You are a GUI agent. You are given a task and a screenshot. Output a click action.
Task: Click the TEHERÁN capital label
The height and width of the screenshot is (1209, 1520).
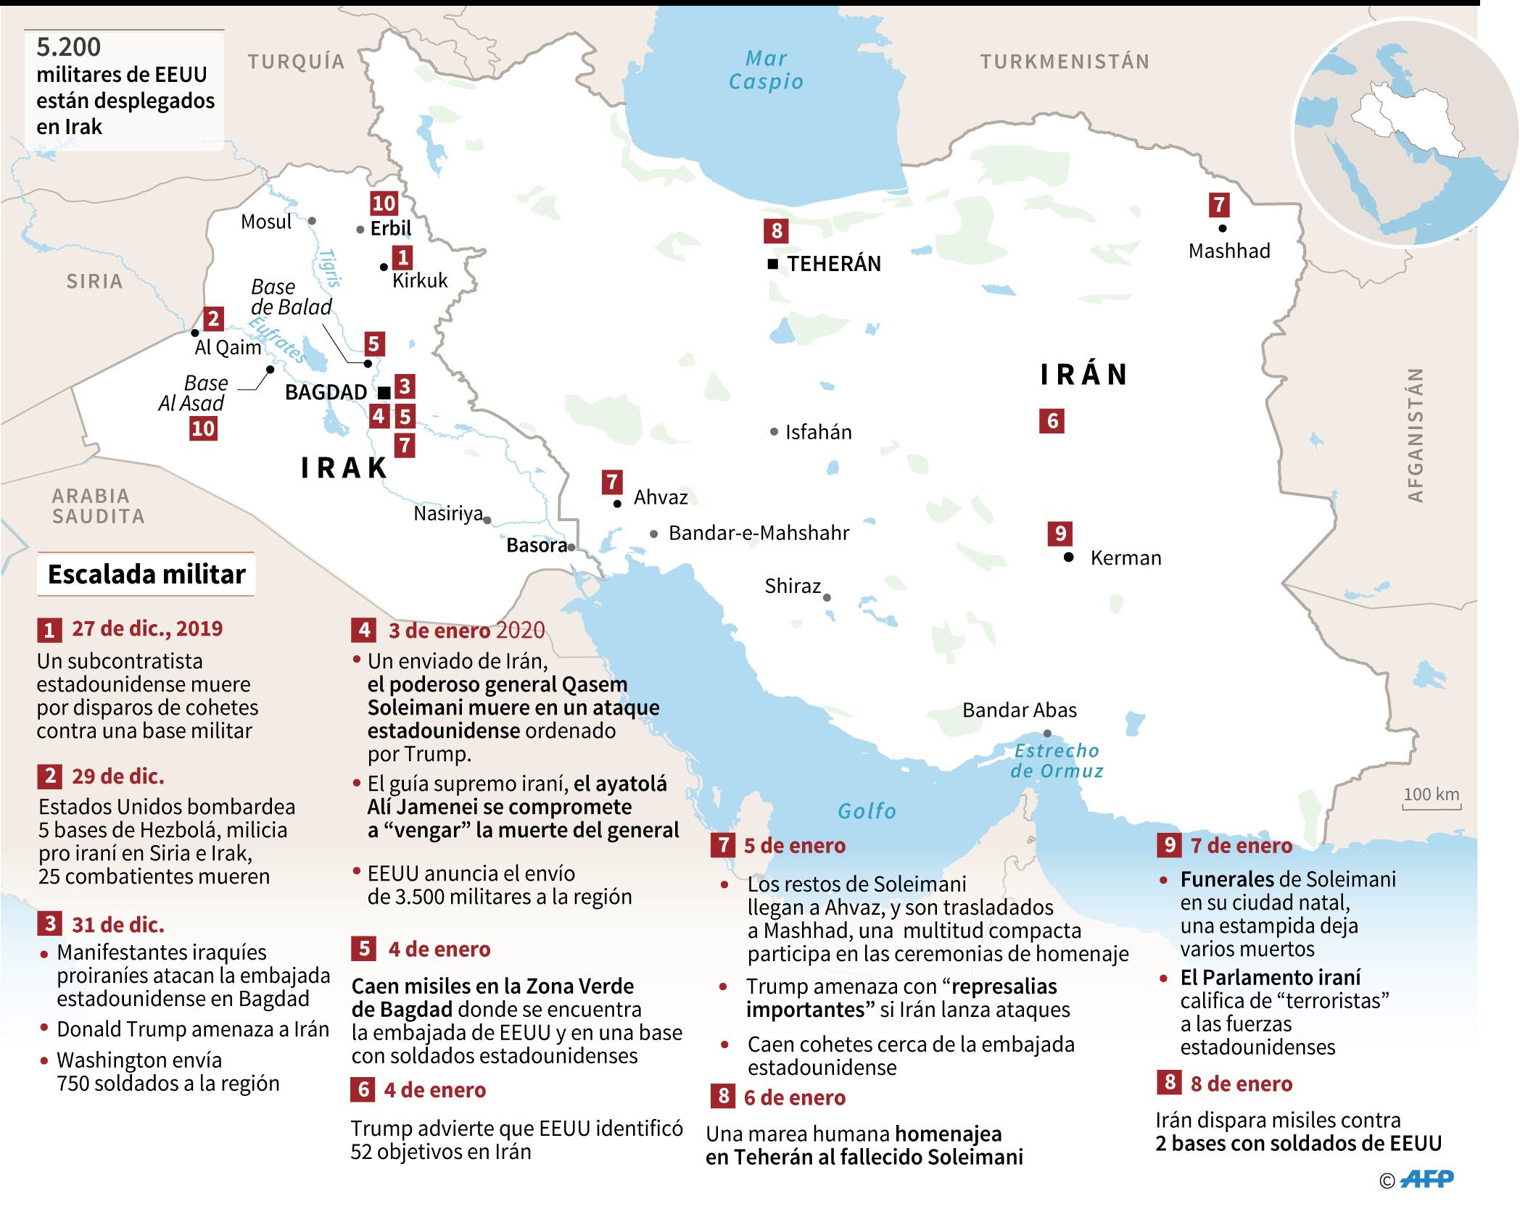[x=834, y=264]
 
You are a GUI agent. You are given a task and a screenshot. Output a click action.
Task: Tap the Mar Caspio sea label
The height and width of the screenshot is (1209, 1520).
[x=766, y=70]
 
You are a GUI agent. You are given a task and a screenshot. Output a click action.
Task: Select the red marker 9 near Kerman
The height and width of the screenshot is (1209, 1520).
[x=1060, y=533]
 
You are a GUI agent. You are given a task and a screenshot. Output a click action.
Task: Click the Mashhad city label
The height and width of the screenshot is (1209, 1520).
[x=1229, y=251]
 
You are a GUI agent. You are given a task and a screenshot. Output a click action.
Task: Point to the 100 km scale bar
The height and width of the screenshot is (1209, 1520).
[x=1431, y=797]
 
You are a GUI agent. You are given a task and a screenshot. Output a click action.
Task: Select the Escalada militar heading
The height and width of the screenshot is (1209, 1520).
[x=146, y=575]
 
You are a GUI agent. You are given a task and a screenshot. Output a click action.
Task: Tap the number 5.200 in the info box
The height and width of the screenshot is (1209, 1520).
[x=69, y=47]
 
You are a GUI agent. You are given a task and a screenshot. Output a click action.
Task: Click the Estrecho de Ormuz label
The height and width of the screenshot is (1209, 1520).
[x=1057, y=760]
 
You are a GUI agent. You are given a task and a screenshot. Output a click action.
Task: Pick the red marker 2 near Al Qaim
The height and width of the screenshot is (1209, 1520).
[x=212, y=318]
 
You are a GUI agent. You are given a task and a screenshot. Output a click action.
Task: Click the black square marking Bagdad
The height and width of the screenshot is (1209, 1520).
[x=385, y=393]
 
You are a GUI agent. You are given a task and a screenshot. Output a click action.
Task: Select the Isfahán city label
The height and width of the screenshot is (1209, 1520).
[x=818, y=432]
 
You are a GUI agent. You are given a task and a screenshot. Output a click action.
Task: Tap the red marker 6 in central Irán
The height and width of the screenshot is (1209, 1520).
[x=1052, y=420]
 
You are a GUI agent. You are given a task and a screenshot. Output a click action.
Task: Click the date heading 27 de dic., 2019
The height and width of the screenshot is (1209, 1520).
[x=147, y=628]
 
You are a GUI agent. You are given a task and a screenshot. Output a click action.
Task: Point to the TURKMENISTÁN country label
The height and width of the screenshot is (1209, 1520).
[x=1065, y=62]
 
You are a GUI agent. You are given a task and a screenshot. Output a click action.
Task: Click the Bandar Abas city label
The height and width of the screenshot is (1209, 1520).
[x=1019, y=710]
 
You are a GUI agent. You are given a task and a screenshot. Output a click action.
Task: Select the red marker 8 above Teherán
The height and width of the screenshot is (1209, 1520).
[x=777, y=231]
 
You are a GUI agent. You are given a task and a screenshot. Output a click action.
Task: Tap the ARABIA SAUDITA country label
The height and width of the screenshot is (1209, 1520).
[x=97, y=506]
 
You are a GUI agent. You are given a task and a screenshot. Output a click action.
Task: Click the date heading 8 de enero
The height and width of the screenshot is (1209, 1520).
[x=1241, y=1084]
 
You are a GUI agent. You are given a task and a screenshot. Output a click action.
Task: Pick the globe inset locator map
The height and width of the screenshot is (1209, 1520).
[x=1405, y=133]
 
